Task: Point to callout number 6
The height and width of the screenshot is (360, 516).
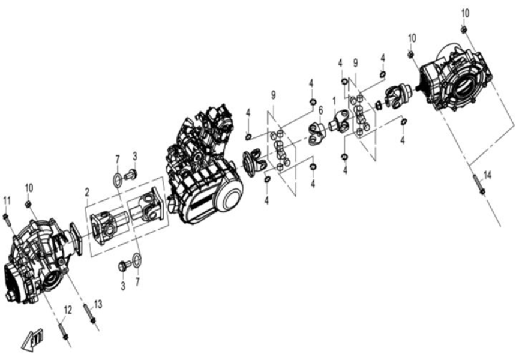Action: coord(320,110)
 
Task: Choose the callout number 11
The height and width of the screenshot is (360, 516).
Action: coord(7,200)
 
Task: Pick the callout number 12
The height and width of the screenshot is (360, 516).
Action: coord(68,310)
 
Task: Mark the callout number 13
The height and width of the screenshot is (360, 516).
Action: coord(98,304)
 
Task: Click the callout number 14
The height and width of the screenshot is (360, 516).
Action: coord(487,175)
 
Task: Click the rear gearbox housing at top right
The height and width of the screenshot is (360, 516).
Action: coord(456,78)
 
